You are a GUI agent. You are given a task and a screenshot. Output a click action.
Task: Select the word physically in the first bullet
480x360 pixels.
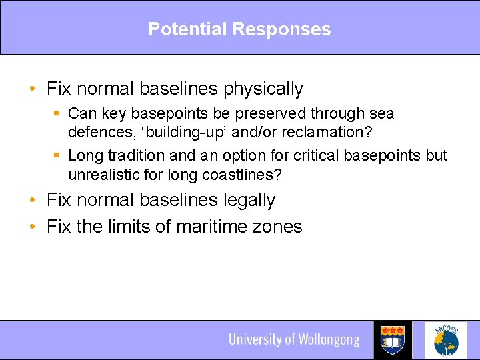pyautogui.click(x=263, y=89)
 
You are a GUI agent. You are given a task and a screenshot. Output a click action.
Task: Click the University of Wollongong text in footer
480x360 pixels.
pyautogui.click(x=294, y=340)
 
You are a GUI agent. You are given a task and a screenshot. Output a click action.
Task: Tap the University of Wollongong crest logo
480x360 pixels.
pyautogui.click(x=393, y=340)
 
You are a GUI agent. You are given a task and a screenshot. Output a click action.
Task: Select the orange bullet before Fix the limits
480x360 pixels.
pyautogui.click(x=33, y=227)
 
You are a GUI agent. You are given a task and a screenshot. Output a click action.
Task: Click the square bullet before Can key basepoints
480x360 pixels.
pyautogui.click(x=58, y=114)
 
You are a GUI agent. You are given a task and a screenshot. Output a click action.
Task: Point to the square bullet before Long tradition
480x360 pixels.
pyautogui.click(x=58, y=156)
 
